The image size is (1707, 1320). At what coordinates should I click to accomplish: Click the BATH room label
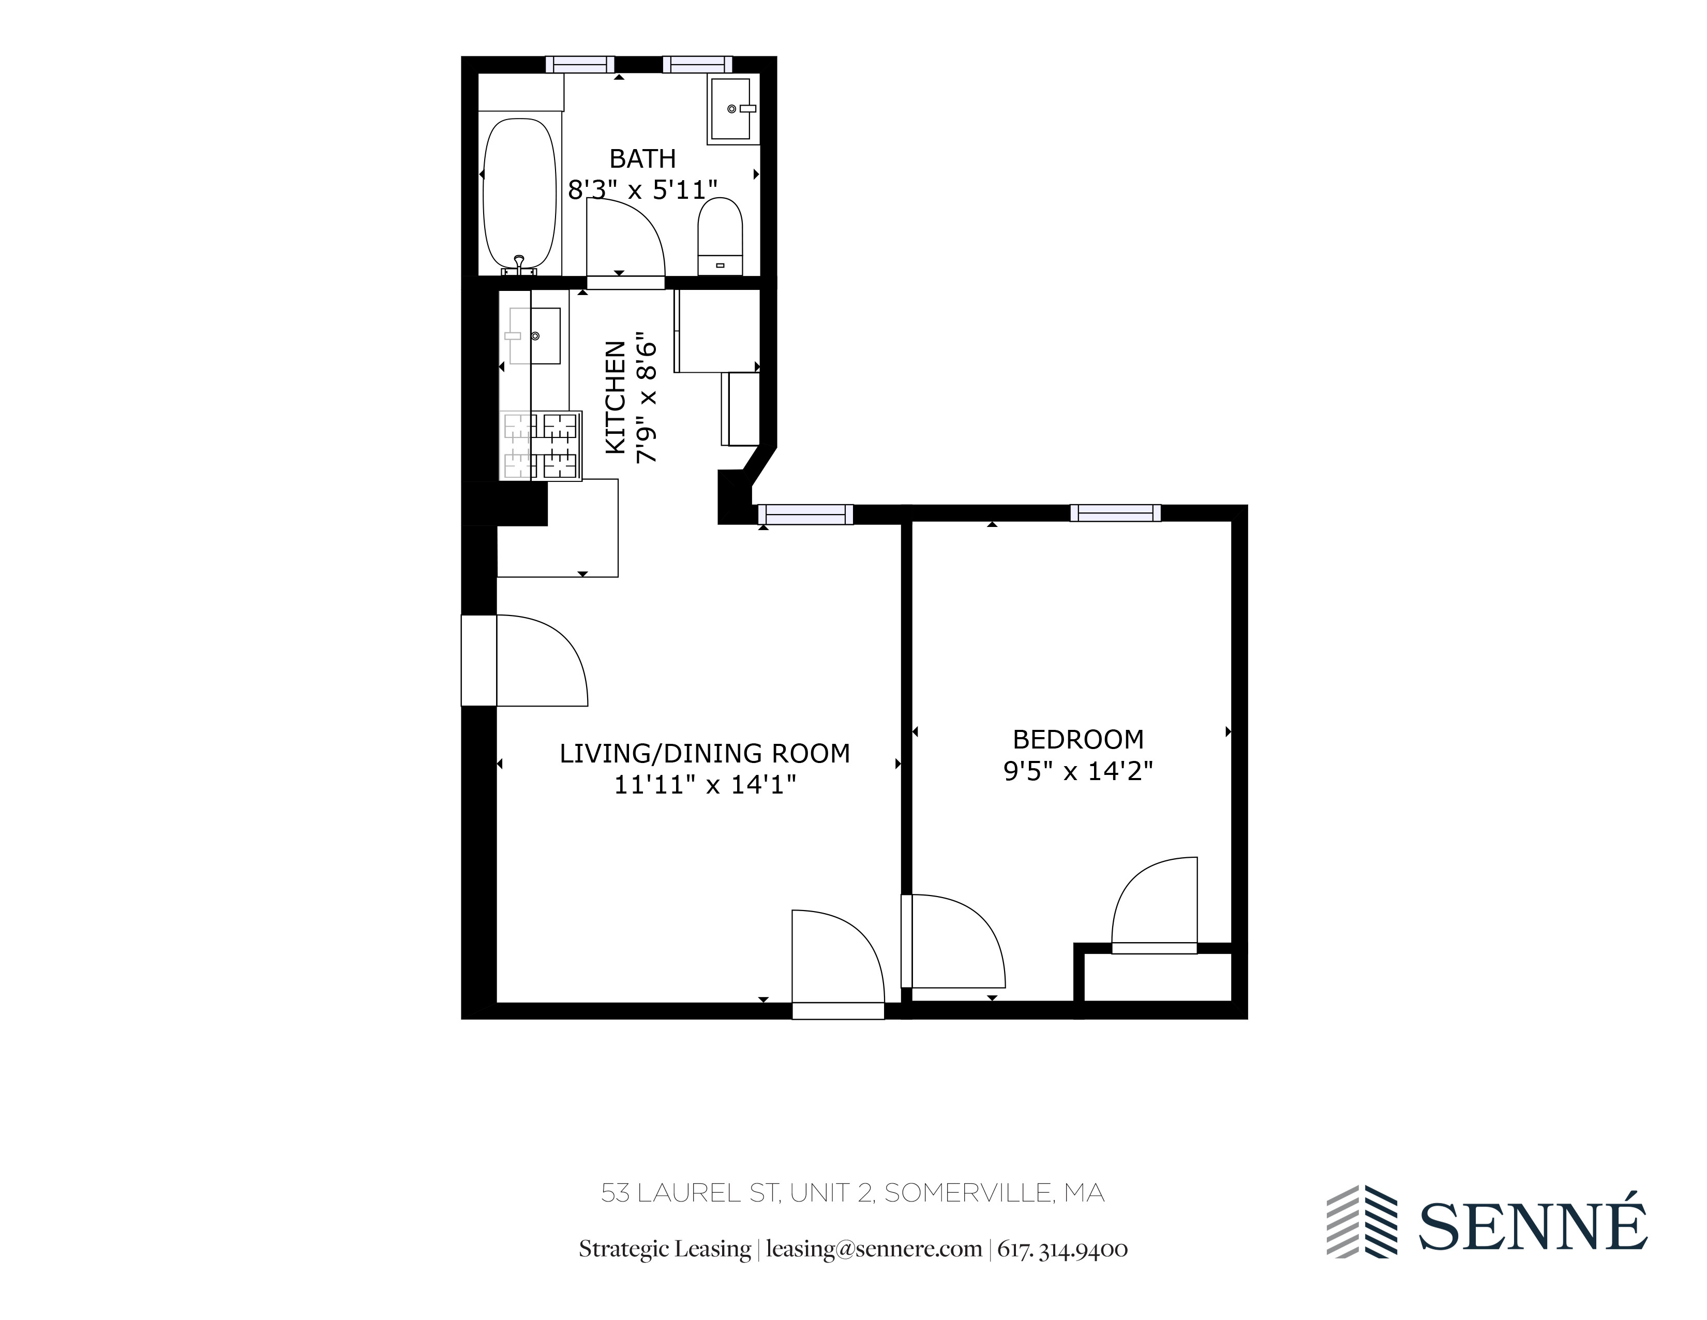tap(642, 159)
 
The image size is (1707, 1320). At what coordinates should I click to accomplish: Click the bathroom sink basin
tap(731, 109)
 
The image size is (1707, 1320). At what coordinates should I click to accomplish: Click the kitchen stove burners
tap(541, 446)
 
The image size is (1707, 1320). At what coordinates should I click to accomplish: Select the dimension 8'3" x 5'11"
tap(642, 190)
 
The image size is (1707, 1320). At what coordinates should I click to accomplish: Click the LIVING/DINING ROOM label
tap(704, 753)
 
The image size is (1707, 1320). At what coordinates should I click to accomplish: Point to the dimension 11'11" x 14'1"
tap(704, 784)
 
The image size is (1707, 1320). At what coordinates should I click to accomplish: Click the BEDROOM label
tap(1078, 739)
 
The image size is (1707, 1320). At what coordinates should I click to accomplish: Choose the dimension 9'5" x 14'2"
tap(1078, 771)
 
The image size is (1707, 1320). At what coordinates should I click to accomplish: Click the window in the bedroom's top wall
tap(1115, 513)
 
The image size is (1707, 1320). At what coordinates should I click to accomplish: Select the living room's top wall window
tap(804, 514)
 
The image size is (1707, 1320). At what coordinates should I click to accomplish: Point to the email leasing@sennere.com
tap(874, 1249)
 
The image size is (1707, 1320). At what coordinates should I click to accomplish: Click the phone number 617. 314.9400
tap(1062, 1249)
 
